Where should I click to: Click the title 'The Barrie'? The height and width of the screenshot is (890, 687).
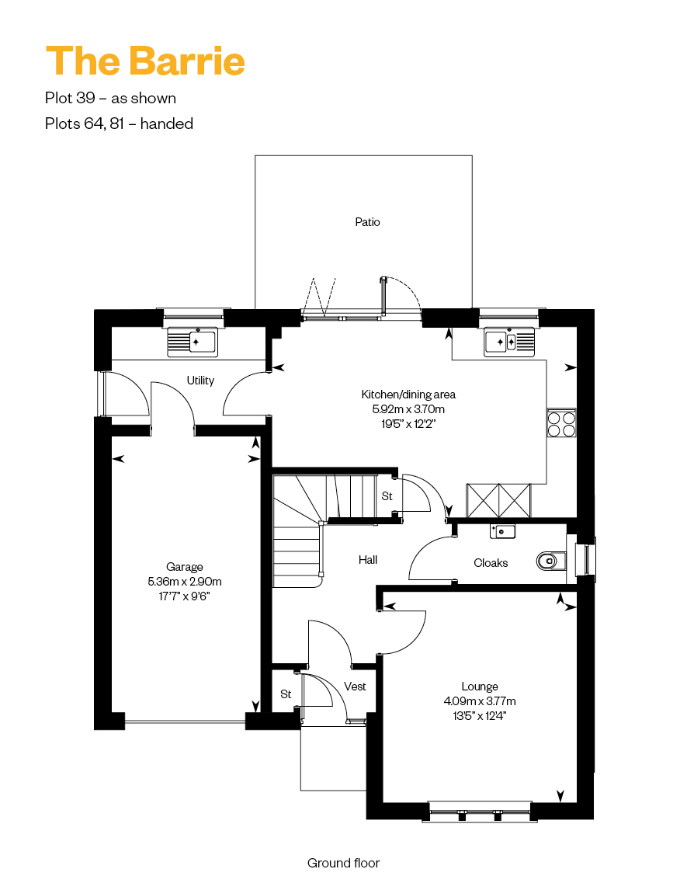145,61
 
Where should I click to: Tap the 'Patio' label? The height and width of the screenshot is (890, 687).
368,222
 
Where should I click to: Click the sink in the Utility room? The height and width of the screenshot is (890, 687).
193,342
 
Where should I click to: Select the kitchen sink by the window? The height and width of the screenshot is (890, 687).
509,342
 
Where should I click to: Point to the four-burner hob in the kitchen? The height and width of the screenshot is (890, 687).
561,422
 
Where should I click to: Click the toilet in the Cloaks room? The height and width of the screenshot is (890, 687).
551,561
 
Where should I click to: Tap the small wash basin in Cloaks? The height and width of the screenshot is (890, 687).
503,531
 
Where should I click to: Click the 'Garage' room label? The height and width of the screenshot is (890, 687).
185,566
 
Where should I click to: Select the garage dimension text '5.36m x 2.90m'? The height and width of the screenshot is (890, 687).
185,581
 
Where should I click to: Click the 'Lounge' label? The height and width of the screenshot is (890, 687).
480,687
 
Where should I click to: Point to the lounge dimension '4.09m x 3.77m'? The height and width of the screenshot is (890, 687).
480,701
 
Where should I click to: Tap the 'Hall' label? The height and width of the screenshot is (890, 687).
368,560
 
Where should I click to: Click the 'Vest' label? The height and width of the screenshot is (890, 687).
355,687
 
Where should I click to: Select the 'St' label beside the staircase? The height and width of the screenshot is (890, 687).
387,496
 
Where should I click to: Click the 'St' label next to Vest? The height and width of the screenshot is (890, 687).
286,694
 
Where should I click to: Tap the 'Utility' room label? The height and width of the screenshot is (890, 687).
201,381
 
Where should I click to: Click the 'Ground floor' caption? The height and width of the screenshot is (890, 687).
343,863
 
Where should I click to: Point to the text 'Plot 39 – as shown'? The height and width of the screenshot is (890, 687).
111,98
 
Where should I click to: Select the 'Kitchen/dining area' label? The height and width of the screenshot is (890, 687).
408,394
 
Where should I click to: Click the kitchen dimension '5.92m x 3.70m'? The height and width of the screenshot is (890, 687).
408,408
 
